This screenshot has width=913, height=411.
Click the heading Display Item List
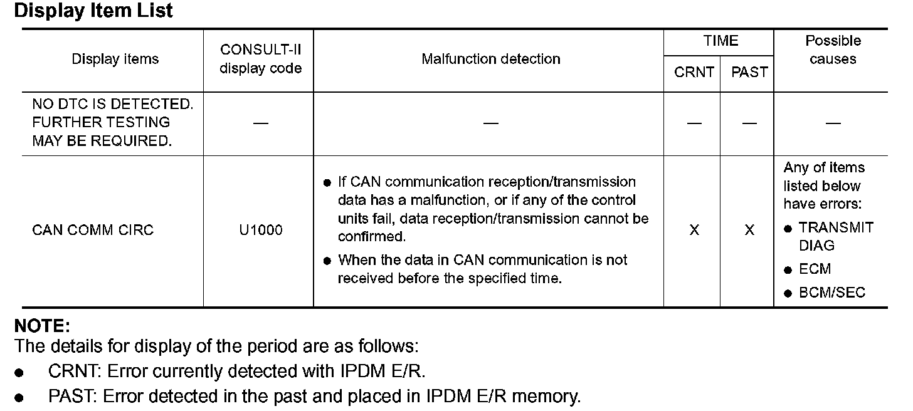[x=93, y=11]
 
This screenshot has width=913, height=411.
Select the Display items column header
[x=115, y=60]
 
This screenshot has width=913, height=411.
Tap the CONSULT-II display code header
[x=260, y=60]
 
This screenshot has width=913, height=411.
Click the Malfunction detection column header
[x=491, y=60]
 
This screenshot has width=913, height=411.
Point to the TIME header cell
[x=720, y=41]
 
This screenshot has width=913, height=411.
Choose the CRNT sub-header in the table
[x=694, y=73]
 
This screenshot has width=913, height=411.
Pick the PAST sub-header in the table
[x=749, y=73]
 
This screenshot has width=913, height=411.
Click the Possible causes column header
[x=833, y=50]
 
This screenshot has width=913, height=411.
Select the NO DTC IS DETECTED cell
[x=113, y=123]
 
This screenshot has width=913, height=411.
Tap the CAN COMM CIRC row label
[x=93, y=231]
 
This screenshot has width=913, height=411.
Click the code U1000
[x=261, y=231]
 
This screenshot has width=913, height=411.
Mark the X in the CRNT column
[x=694, y=231]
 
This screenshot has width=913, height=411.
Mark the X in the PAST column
[x=749, y=231]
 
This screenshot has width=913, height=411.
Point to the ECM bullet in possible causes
[x=815, y=269]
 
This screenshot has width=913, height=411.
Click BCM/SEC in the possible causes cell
[x=832, y=293]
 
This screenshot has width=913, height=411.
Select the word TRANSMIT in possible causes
[x=836, y=228]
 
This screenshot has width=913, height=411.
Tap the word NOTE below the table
[x=42, y=326]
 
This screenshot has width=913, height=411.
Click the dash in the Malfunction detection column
[x=491, y=123]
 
